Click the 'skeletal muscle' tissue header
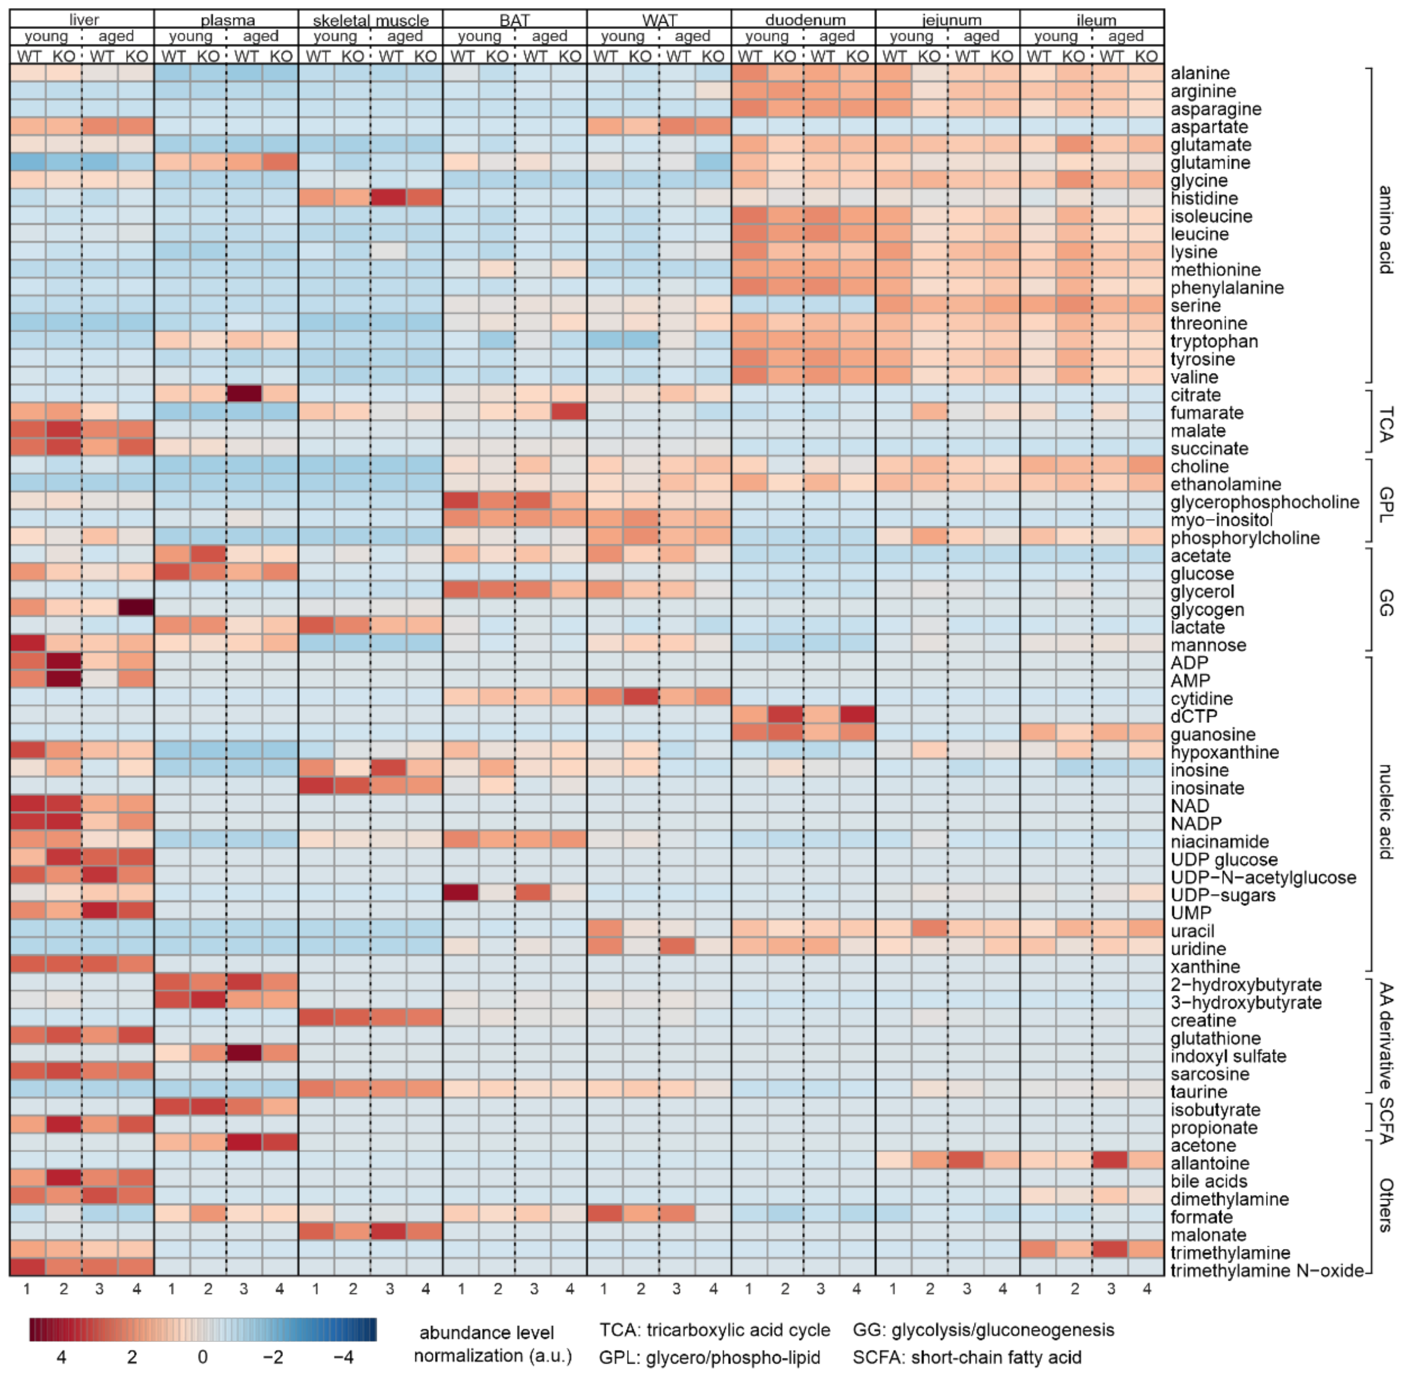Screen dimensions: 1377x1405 pyautogui.click(x=371, y=20)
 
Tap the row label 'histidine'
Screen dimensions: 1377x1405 pyautogui.click(x=1204, y=198)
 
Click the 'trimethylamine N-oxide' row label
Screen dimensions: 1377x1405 pyautogui.click(x=1266, y=1271)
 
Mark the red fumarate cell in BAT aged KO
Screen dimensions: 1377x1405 pyautogui.click(x=568, y=412)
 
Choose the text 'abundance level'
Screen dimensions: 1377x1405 pyautogui.click(x=486, y=1333)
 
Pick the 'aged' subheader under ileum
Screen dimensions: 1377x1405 pyautogui.click(x=1126, y=36)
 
